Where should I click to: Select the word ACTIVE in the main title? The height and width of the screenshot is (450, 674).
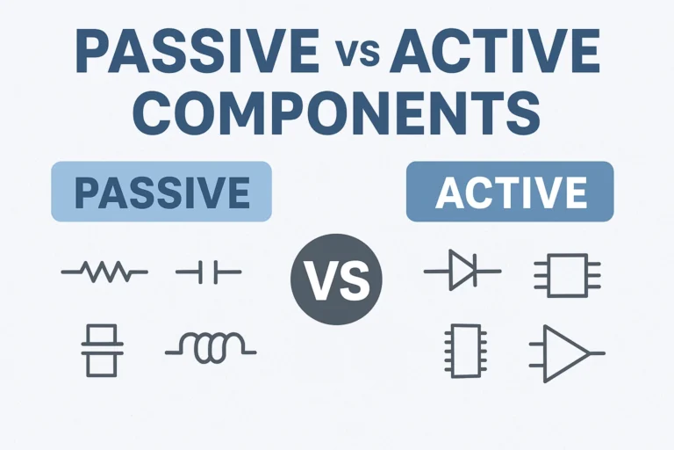495,54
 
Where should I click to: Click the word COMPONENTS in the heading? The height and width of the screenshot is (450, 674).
337,114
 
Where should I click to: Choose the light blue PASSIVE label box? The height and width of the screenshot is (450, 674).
161,190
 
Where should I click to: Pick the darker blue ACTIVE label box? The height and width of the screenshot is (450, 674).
510,190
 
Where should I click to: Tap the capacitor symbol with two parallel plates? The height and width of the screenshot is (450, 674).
207,273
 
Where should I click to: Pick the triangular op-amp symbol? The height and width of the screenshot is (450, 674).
566,353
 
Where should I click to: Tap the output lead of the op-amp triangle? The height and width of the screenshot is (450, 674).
597,353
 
